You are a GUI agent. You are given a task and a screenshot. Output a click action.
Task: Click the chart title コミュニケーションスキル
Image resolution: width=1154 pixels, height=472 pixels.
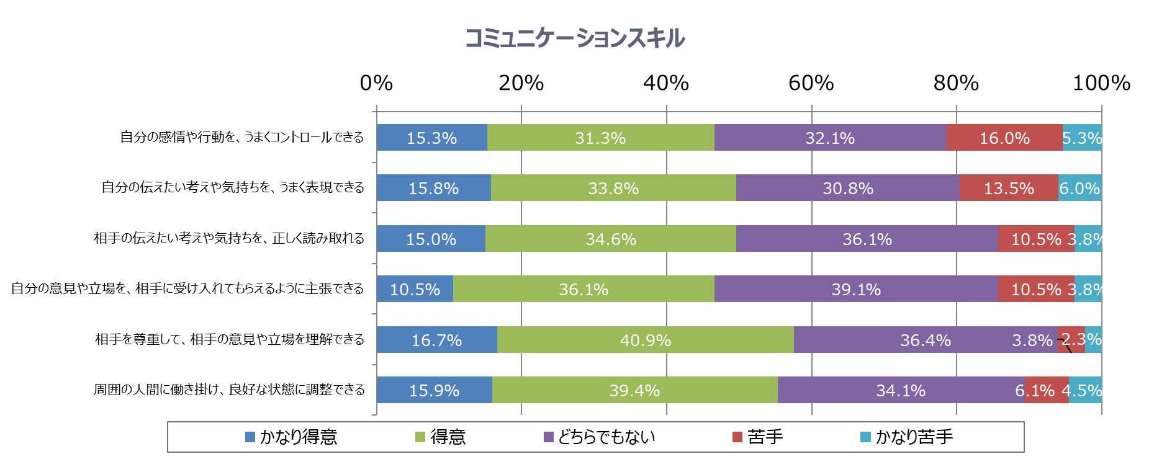pyautogui.click(x=575, y=38)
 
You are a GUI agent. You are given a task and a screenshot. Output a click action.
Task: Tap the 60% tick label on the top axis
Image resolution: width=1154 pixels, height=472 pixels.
pyautogui.click(x=811, y=83)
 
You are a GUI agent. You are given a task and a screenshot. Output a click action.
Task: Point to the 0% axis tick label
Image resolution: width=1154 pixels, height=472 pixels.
pyautogui.click(x=376, y=83)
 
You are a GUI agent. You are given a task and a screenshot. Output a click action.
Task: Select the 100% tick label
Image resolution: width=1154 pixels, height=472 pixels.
pyautogui.click(x=1101, y=83)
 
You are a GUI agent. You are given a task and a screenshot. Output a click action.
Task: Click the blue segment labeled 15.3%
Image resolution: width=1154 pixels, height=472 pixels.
pyautogui.click(x=431, y=138)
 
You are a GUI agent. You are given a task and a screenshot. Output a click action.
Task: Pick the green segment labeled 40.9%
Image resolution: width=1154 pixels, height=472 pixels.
pyautogui.click(x=645, y=340)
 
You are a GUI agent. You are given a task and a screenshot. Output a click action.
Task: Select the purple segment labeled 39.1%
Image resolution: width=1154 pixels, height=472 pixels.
pyautogui.click(x=855, y=289)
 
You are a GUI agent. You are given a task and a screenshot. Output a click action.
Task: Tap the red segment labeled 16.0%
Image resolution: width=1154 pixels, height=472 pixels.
pyautogui.click(x=1004, y=138)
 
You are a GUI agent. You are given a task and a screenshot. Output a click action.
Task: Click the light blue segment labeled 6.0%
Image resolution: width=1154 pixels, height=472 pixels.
pyautogui.click(x=1080, y=188)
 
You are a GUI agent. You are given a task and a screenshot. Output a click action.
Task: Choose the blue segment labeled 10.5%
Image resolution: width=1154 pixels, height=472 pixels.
pyautogui.click(x=415, y=289)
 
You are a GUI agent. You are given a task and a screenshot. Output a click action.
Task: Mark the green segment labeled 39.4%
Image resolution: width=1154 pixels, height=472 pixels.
pyautogui.click(x=634, y=390)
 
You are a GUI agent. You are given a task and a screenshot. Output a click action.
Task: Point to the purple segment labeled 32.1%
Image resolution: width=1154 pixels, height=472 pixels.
pyautogui.click(x=829, y=138)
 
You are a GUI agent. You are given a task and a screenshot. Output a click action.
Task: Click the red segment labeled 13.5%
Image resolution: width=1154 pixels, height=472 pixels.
pyautogui.click(x=1008, y=188)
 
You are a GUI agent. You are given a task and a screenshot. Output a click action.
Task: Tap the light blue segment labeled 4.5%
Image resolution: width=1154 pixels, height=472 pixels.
pyautogui.click(x=1084, y=390)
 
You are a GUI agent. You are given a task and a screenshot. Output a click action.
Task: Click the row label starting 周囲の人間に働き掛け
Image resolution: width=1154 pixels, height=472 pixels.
pyautogui.click(x=229, y=390)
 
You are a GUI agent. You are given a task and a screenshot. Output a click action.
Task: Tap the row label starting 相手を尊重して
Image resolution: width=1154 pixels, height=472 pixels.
pyautogui.click(x=230, y=340)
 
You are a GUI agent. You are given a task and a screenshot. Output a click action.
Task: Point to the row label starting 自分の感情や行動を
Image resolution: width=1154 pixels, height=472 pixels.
pyautogui.click(x=242, y=138)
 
